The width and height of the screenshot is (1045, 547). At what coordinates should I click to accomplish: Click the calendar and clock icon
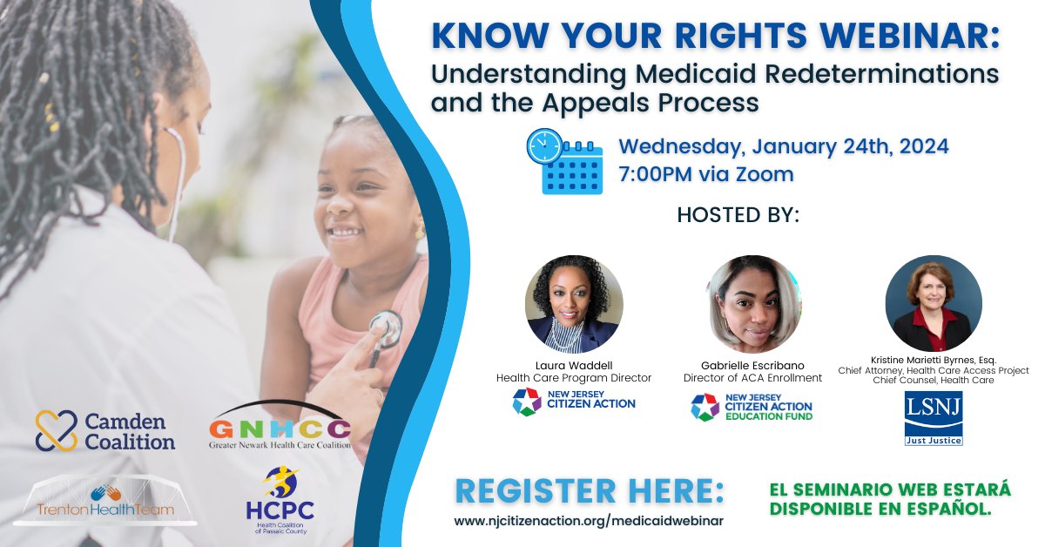pyautogui.click(x=564, y=161)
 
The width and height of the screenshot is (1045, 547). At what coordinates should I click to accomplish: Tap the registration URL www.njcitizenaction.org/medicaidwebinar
pyautogui.click(x=589, y=521)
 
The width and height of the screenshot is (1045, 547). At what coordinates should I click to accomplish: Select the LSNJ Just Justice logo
pyautogui.click(x=934, y=418)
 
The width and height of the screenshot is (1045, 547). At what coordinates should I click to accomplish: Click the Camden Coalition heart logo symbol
pyautogui.click(x=56, y=430)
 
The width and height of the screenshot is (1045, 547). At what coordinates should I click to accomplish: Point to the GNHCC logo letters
pyautogui.click(x=280, y=429)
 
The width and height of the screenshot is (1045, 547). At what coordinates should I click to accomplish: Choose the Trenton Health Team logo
pyautogui.click(x=105, y=500)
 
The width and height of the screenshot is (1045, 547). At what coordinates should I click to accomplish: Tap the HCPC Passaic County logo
pyautogui.click(x=280, y=500)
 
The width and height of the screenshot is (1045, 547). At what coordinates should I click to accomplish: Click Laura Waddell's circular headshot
pyautogui.click(x=574, y=304)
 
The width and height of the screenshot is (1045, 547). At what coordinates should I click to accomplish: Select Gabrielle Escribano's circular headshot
pyautogui.click(x=752, y=304)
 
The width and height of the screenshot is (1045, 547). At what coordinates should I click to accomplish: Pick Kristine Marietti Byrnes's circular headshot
pyautogui.click(x=934, y=303)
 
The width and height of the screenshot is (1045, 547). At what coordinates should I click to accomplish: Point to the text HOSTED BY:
pyautogui.click(x=738, y=215)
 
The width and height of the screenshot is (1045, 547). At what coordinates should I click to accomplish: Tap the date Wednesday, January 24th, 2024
pyautogui.click(x=784, y=146)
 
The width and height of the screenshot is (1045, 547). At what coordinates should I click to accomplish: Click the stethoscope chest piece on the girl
pyautogui.click(x=386, y=329)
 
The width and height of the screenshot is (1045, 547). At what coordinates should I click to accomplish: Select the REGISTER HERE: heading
pyautogui.click(x=590, y=491)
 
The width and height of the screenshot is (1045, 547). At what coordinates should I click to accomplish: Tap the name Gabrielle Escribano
pyautogui.click(x=752, y=366)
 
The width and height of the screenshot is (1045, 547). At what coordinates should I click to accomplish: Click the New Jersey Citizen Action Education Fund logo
pyautogui.click(x=752, y=408)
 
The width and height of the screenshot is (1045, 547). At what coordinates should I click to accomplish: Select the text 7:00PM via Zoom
pyautogui.click(x=706, y=174)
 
